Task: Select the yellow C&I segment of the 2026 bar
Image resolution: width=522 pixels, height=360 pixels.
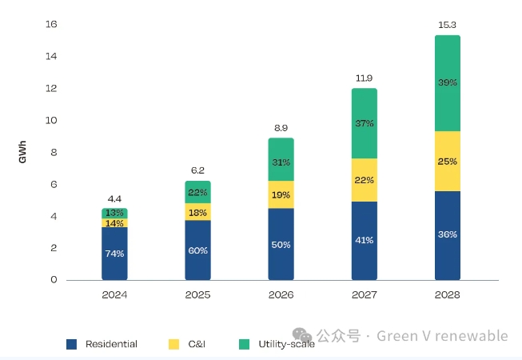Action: coord(281,194)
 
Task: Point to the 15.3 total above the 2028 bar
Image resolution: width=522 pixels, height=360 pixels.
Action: coord(448,26)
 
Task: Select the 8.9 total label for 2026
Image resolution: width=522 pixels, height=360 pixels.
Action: coord(281,128)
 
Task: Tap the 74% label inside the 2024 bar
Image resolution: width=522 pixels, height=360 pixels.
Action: coord(114,254)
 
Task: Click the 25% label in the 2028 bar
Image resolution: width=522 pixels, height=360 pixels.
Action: coord(448,162)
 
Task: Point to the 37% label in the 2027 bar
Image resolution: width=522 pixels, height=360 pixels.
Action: coord(364,123)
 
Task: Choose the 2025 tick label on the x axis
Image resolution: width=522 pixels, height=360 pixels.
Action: coord(197,294)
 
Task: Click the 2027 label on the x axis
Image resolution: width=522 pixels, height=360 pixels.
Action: coord(364,294)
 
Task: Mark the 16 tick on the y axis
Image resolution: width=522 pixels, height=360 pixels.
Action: coord(52,25)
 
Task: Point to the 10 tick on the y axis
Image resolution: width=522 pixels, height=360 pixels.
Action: coord(52,121)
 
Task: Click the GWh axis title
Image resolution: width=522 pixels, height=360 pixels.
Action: coord(22,152)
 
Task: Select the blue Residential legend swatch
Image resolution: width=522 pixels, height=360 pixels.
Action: coord(71,344)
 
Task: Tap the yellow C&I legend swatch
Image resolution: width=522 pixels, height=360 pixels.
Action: coord(173,344)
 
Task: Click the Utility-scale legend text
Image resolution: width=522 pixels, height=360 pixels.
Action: coord(286,344)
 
